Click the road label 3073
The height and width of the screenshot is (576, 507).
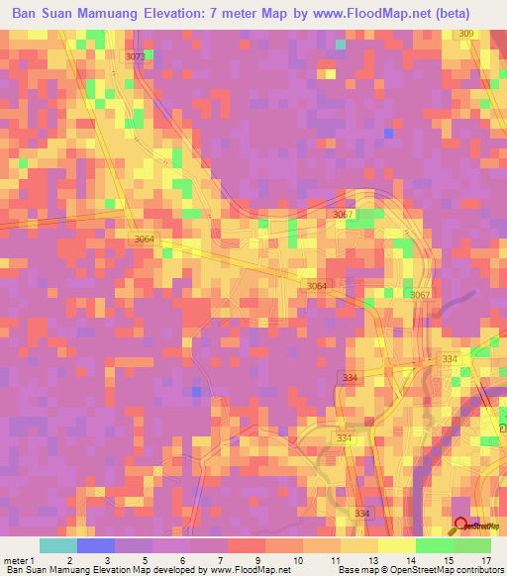pos(136,57)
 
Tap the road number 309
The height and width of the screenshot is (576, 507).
pos(467,35)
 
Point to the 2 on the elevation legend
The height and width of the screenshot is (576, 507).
pos(69,560)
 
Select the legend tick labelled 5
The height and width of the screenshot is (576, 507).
pos(145,560)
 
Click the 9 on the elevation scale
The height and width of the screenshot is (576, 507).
pos(257,560)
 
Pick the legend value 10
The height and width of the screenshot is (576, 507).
pos(297,560)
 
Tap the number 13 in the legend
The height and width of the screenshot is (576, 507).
pos(372,560)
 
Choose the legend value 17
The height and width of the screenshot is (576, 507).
pos(485,560)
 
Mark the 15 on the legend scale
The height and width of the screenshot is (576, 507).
pos(448,560)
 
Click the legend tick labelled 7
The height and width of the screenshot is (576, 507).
pos(220,560)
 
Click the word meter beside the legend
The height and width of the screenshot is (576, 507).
pos(15,560)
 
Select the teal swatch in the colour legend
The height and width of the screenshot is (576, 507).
pos(58,545)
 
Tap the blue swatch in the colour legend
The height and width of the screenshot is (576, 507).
pos(96,545)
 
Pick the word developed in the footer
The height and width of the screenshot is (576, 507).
pos(172,571)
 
